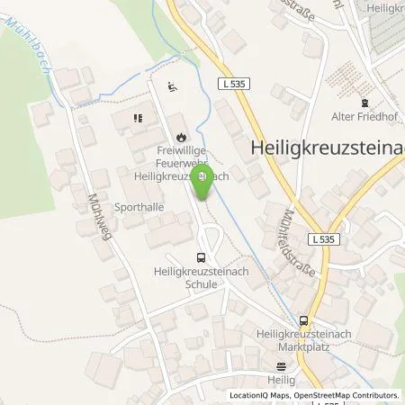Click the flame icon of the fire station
pyautogui.click(x=181, y=135)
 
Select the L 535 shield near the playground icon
pyautogui.click(x=233, y=84)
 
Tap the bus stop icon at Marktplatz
pyautogui.click(x=304, y=320)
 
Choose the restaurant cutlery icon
pyautogui.click(x=139, y=116)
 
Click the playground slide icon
pyautogui.click(x=173, y=87)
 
